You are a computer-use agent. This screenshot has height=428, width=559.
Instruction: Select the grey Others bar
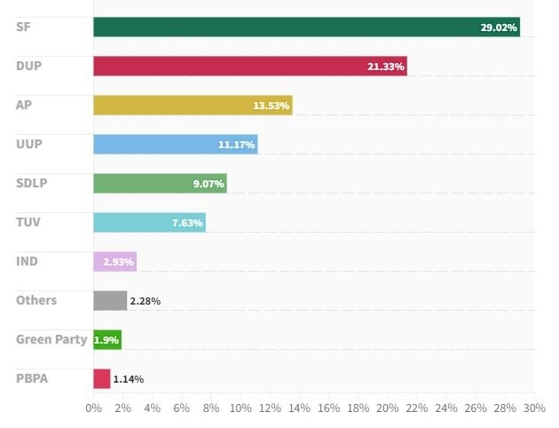110,300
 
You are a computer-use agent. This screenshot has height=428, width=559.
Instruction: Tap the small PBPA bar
102,378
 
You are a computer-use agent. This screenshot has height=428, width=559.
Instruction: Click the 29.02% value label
499,28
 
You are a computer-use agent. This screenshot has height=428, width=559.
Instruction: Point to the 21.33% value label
386,67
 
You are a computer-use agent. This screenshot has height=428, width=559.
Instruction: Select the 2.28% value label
145,301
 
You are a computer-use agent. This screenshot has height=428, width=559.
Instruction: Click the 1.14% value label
128,379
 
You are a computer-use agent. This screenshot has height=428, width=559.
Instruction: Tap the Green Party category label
51,339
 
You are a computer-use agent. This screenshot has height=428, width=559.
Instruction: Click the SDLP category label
32,183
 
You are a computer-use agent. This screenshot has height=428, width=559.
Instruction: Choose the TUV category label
28,222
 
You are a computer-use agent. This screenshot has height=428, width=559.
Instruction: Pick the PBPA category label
32,378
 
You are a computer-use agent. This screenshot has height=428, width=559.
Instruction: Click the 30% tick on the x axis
534,408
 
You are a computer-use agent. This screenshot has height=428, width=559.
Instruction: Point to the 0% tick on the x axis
93,408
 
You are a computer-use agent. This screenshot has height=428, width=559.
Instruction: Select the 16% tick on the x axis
328,408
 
